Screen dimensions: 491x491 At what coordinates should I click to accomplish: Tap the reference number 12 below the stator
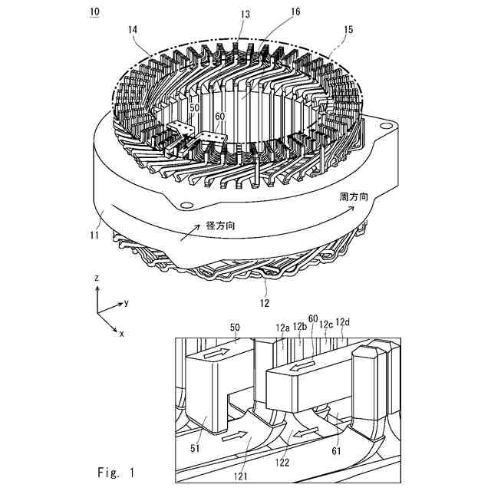267,304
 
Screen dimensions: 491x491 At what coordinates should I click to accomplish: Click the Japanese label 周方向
354,197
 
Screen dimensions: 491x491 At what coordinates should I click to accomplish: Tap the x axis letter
120,334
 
